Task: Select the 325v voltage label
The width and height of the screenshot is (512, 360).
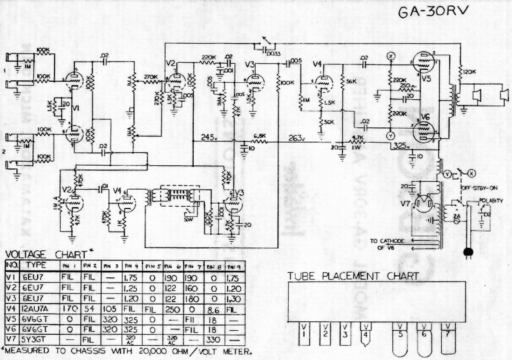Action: click(x=402, y=145)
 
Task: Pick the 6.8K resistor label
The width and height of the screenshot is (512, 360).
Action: click(x=259, y=136)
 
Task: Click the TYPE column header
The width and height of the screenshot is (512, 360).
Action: click(x=36, y=265)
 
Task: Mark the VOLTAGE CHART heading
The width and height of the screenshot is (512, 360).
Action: click(x=48, y=254)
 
